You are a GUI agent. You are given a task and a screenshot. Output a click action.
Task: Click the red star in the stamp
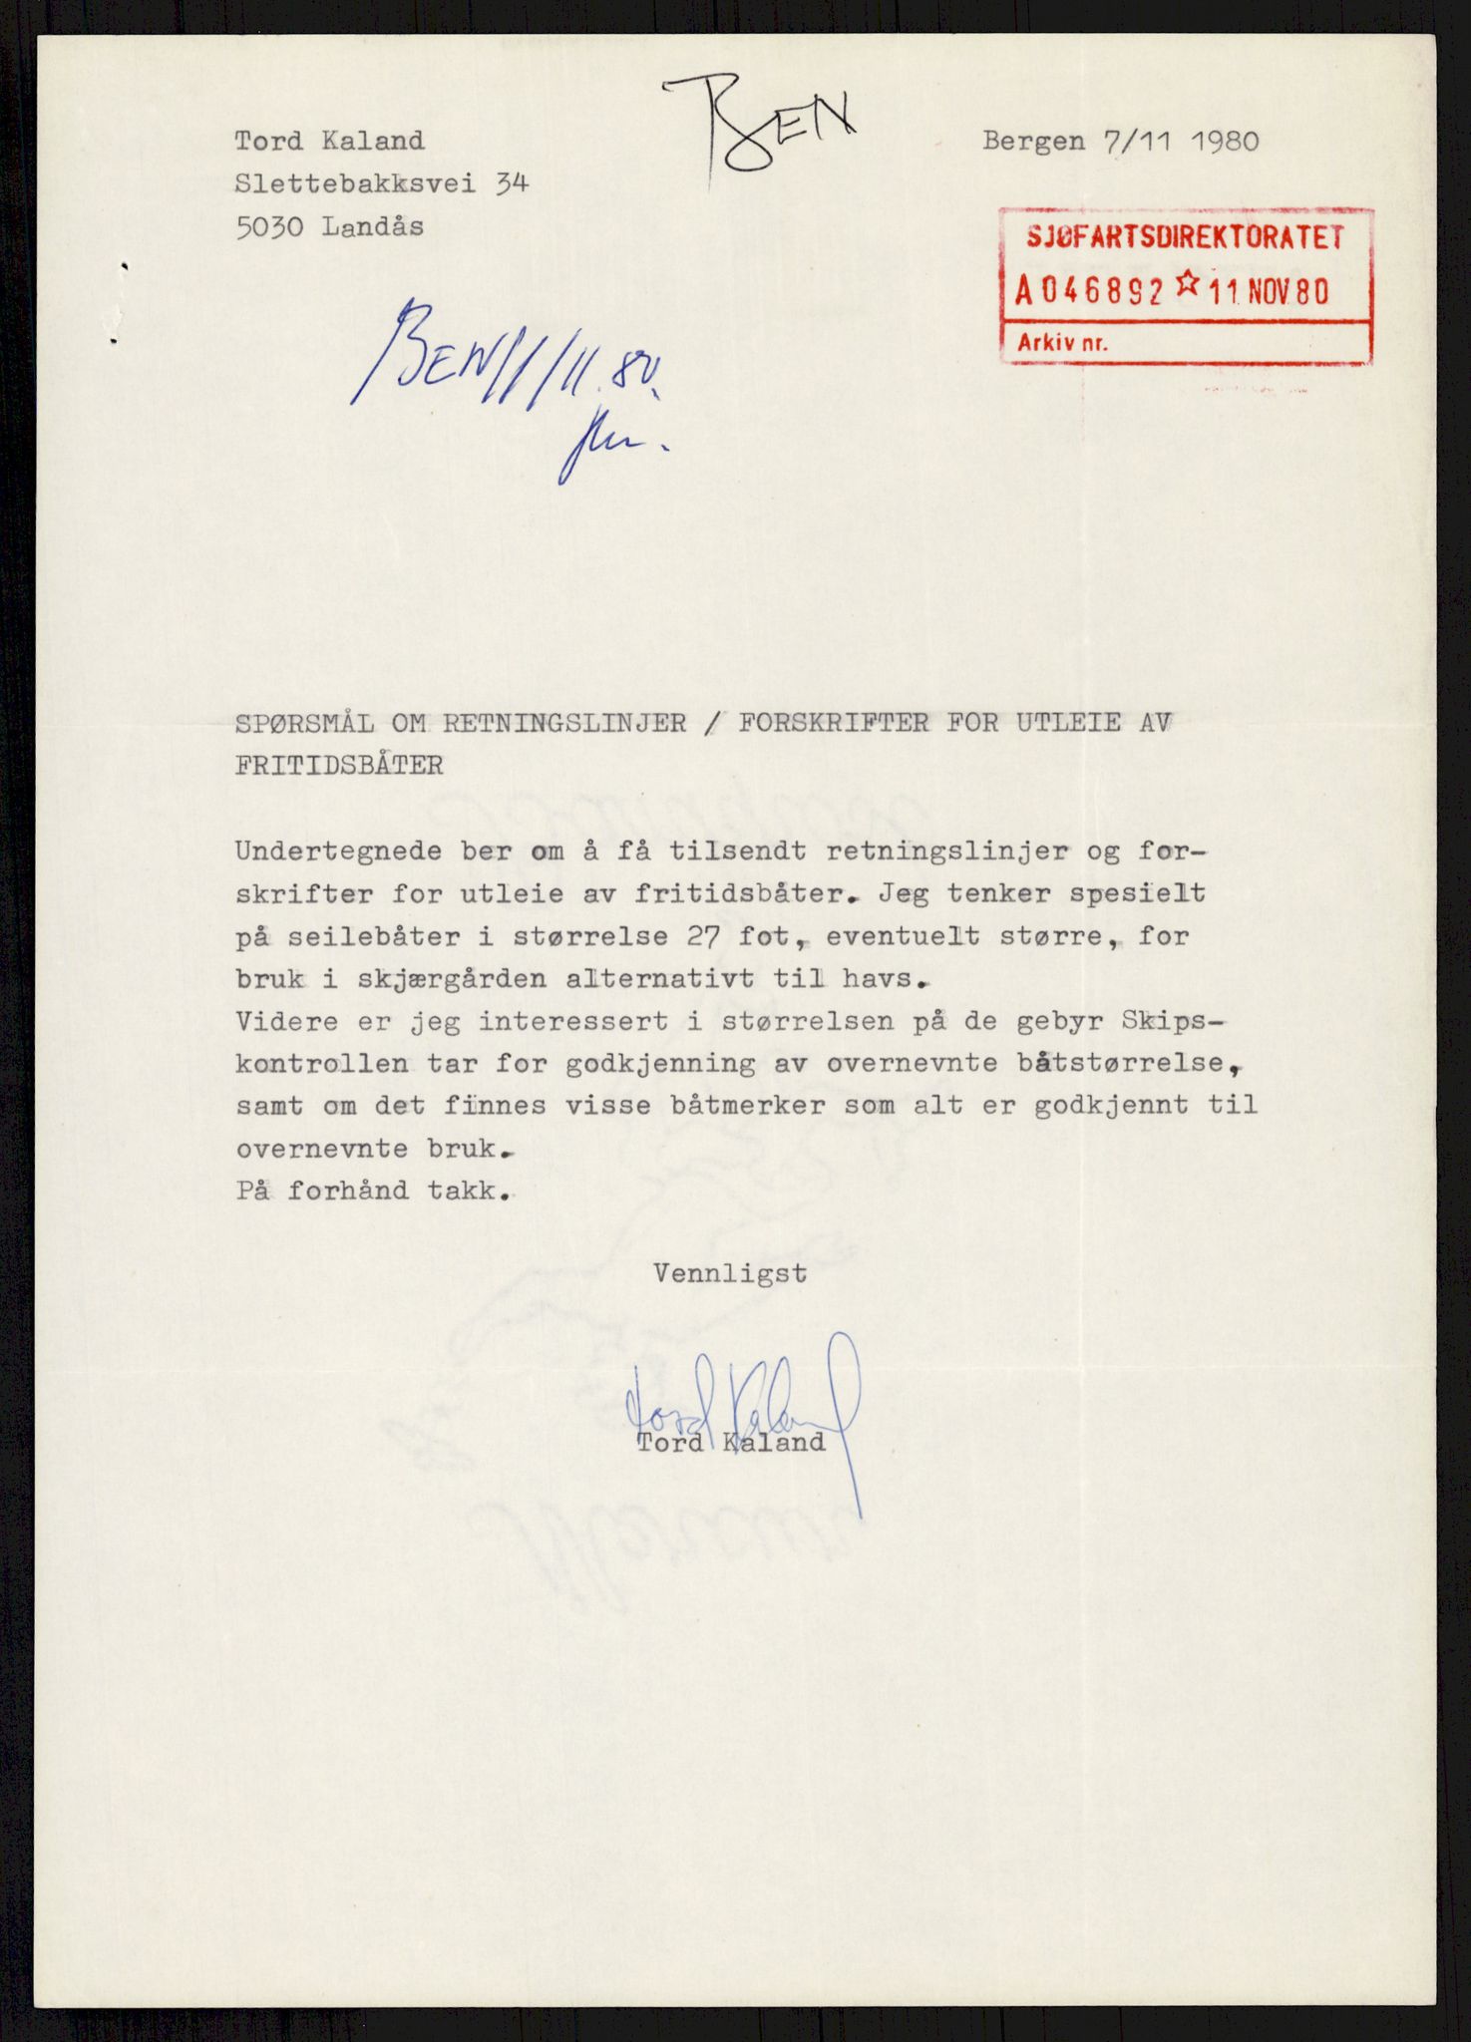point(1187,286)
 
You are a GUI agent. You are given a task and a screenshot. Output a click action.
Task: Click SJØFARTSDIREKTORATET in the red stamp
point(1186,237)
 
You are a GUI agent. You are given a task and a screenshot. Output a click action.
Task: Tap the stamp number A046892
point(1090,291)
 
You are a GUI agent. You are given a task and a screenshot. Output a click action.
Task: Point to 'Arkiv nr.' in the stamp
point(1061,343)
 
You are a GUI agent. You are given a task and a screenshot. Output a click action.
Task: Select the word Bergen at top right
point(1033,141)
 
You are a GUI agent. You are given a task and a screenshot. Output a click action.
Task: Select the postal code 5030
point(269,227)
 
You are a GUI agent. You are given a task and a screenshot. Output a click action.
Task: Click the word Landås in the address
point(373,226)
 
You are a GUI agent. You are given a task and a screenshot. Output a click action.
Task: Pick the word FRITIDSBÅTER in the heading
point(339,765)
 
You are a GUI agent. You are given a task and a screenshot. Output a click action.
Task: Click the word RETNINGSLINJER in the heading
point(564,722)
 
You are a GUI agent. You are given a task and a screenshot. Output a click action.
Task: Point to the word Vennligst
point(730,1273)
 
